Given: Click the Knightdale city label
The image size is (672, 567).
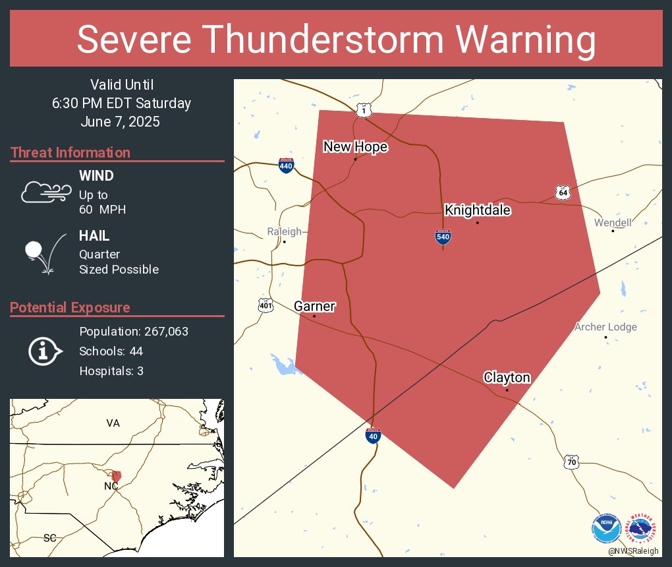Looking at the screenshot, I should click(478, 210).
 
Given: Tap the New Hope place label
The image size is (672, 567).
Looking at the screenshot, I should click(355, 147).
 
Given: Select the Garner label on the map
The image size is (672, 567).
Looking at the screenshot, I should click(314, 307).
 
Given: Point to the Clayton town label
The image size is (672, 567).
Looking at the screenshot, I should click(507, 378).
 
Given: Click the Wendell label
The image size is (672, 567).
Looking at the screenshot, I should click(613, 223).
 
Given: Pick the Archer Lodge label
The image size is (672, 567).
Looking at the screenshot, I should click(605, 327).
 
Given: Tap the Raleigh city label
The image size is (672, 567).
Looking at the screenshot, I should click(284, 231).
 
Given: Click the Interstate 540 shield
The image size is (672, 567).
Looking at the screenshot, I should click(443, 237).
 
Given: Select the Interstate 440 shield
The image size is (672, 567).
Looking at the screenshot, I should click(286, 165).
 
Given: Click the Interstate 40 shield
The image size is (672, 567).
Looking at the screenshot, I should click(373, 436).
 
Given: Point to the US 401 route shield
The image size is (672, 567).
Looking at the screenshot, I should click(266, 305).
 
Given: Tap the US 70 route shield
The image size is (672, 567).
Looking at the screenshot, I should click(571, 462).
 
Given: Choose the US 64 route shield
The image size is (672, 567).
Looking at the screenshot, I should click(562, 193).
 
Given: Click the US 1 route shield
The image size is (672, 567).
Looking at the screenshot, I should click(363, 110).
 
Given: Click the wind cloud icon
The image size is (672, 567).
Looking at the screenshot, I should click(45, 192).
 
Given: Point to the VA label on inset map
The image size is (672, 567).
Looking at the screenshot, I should click(113, 423).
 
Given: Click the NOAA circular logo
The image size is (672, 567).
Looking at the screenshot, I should click(606, 529).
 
